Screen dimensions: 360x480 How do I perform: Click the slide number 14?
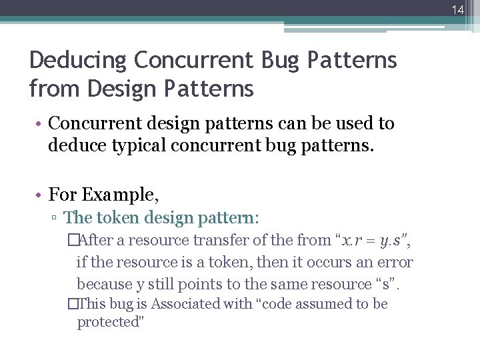[457, 9]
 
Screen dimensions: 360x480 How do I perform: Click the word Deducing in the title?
[79, 60]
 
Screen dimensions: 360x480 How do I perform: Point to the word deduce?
[76, 145]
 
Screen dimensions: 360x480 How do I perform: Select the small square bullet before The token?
[55, 218]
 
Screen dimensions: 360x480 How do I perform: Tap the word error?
[395, 262]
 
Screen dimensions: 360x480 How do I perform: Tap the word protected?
[109, 323]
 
